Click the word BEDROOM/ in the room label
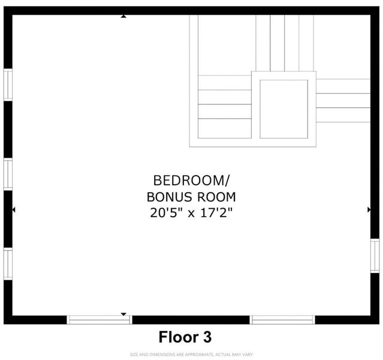point(191,181)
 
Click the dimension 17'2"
point(216,212)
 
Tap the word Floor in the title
point(179,337)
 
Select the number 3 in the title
point(207,337)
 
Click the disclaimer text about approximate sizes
point(191,355)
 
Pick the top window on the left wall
point(8,85)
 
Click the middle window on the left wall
point(8,174)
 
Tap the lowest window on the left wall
point(8,263)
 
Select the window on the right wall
point(375,256)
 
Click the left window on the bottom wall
point(99,320)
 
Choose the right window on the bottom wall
point(282,320)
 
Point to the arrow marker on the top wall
point(123,16)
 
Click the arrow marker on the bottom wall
point(123,314)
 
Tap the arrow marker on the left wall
point(14,209)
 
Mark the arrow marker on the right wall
point(369,209)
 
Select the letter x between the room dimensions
point(191,214)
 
